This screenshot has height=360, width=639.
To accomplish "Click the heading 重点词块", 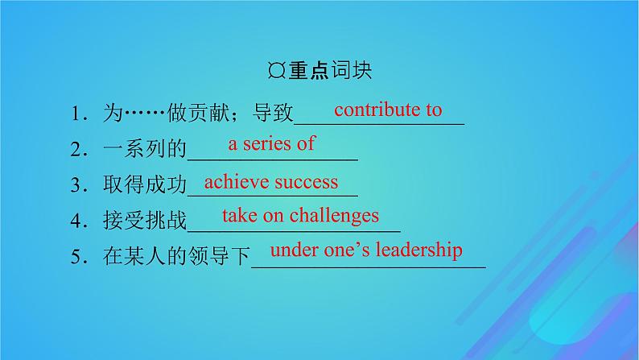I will [331, 70].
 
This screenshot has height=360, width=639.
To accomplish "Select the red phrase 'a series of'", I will [272, 144].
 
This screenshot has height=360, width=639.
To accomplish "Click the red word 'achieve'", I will [237, 181].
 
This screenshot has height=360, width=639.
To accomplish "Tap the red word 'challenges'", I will [334, 215].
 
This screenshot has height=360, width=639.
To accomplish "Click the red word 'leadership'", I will [418, 250].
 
